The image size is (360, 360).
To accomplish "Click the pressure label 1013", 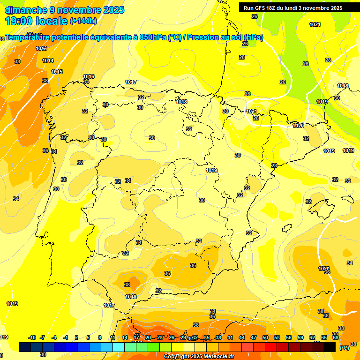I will (41, 48).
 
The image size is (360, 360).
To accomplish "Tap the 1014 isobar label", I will (48, 60).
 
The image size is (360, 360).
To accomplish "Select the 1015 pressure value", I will (57, 72).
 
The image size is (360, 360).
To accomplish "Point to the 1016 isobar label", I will (89, 76).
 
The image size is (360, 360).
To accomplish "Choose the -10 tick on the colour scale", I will (32, 337).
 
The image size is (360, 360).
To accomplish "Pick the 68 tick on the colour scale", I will (336, 337).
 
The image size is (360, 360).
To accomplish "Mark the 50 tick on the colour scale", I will (265, 337).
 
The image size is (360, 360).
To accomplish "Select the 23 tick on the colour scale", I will (160, 337).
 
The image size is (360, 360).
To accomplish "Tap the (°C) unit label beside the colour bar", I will (345, 348).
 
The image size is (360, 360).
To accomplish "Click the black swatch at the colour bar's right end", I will (330, 347).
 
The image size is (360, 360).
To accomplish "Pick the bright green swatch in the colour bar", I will (154, 347).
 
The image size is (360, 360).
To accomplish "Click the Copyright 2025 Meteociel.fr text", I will (199, 356).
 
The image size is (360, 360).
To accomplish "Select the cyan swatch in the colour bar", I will (119, 347).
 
